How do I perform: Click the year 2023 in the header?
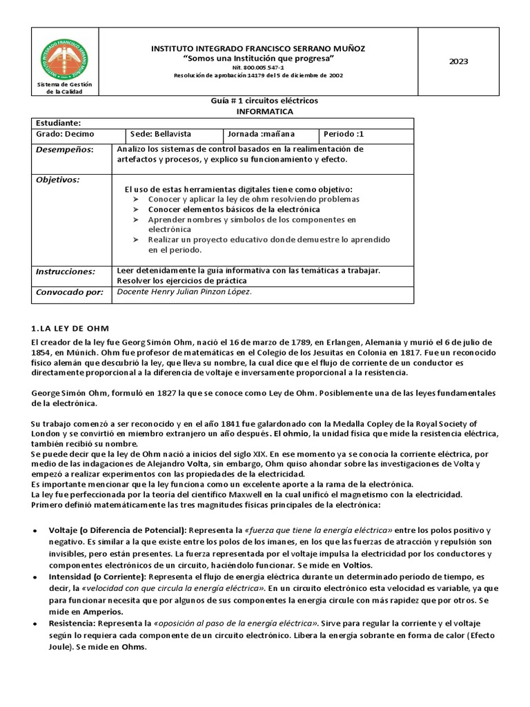click(x=458, y=61)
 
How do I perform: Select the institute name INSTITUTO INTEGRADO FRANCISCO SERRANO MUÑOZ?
click(x=259, y=48)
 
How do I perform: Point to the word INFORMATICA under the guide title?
click(x=264, y=111)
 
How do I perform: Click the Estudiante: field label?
click(x=58, y=122)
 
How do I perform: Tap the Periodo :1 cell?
click(x=344, y=134)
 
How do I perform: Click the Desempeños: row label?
click(x=63, y=149)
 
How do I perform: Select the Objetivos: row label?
click(x=57, y=180)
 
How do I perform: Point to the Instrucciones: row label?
click(x=65, y=271)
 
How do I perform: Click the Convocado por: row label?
click(x=68, y=291)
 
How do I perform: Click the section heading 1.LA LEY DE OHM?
click(x=70, y=327)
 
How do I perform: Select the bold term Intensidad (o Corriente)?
click(x=96, y=576)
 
